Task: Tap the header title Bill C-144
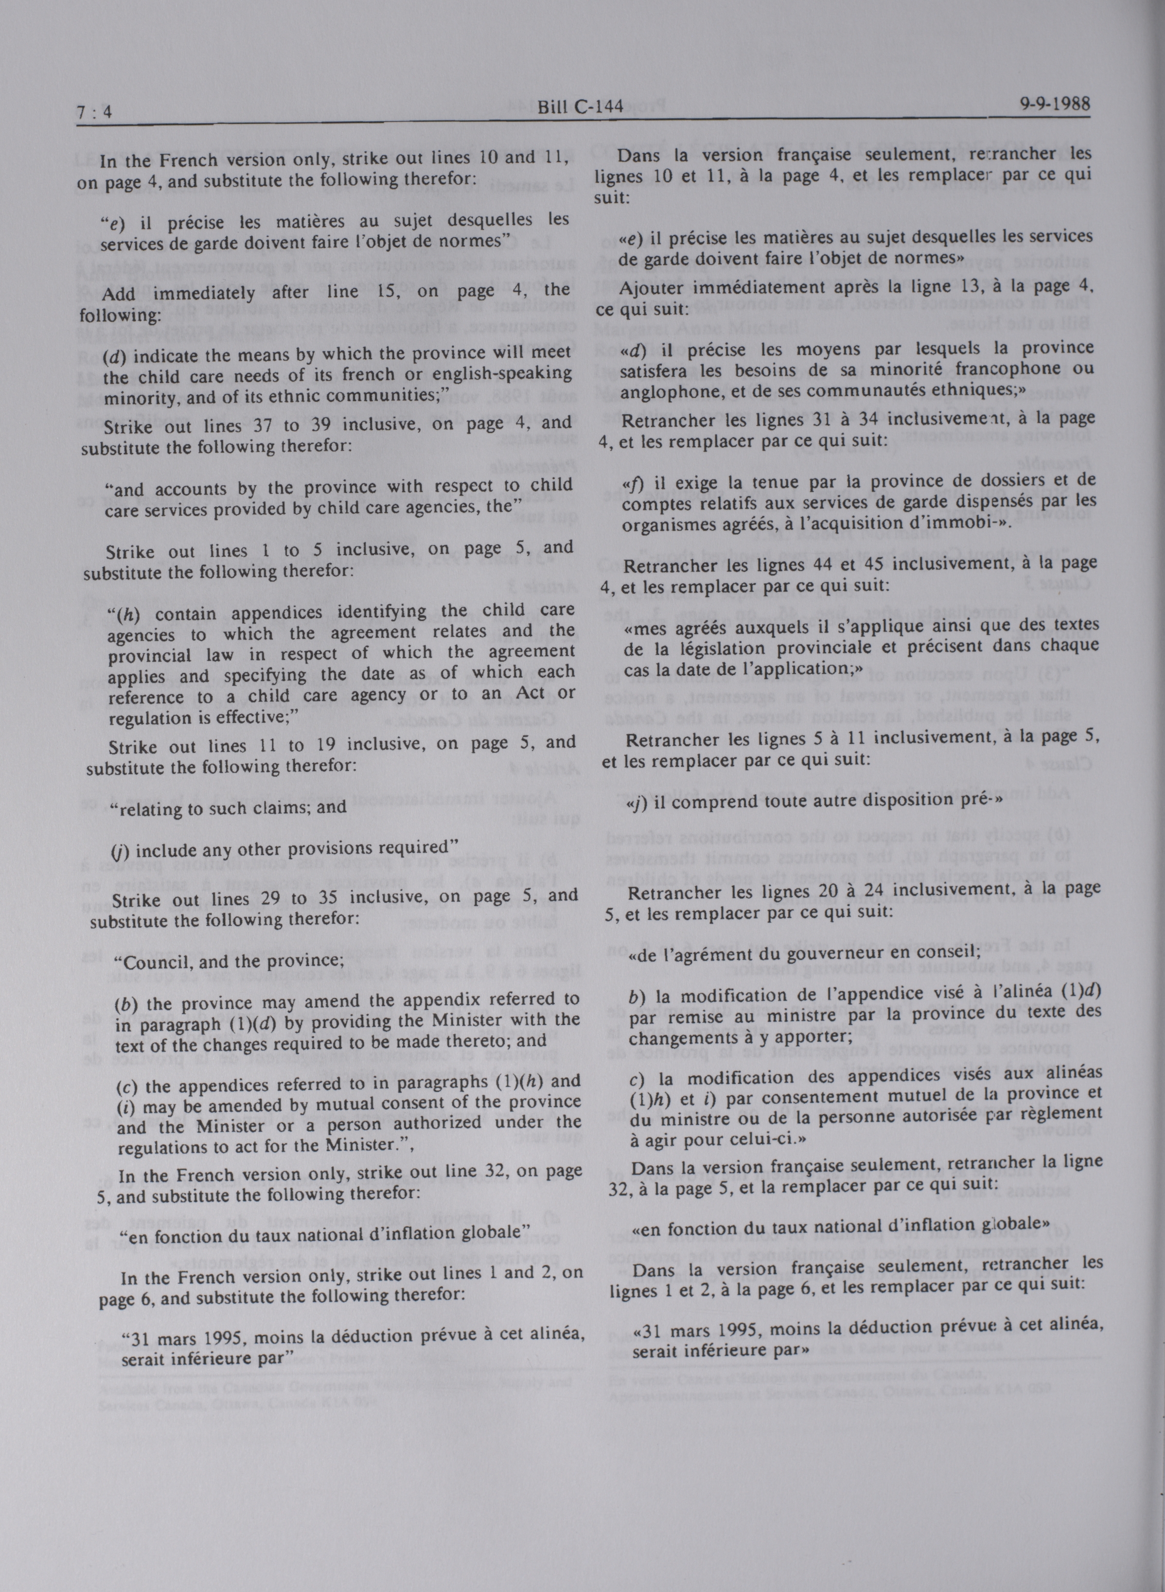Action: coord(580,106)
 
